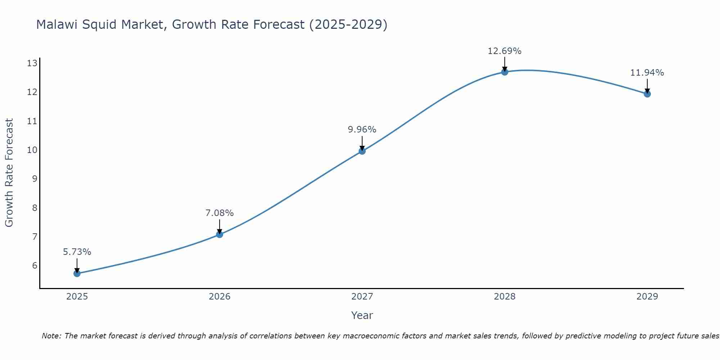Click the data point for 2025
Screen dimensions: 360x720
(77, 274)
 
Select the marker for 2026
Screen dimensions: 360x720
(220, 235)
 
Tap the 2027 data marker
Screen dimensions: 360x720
(362, 151)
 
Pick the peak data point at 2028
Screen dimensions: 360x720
(505, 72)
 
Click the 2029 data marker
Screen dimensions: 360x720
(647, 94)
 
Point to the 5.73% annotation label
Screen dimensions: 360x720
(77, 252)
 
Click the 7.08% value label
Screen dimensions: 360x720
(220, 213)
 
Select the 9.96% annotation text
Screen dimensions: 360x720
(362, 130)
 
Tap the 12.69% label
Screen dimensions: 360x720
(505, 51)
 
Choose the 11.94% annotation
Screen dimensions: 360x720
(647, 73)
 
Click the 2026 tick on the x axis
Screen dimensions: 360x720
(220, 297)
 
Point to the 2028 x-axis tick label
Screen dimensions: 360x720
(505, 297)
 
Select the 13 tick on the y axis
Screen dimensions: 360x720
(32, 63)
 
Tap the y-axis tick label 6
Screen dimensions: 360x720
(35, 266)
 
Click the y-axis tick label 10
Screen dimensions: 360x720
(32, 150)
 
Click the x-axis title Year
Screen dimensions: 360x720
(362, 315)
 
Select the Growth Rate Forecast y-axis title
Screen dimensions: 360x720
(9, 173)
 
